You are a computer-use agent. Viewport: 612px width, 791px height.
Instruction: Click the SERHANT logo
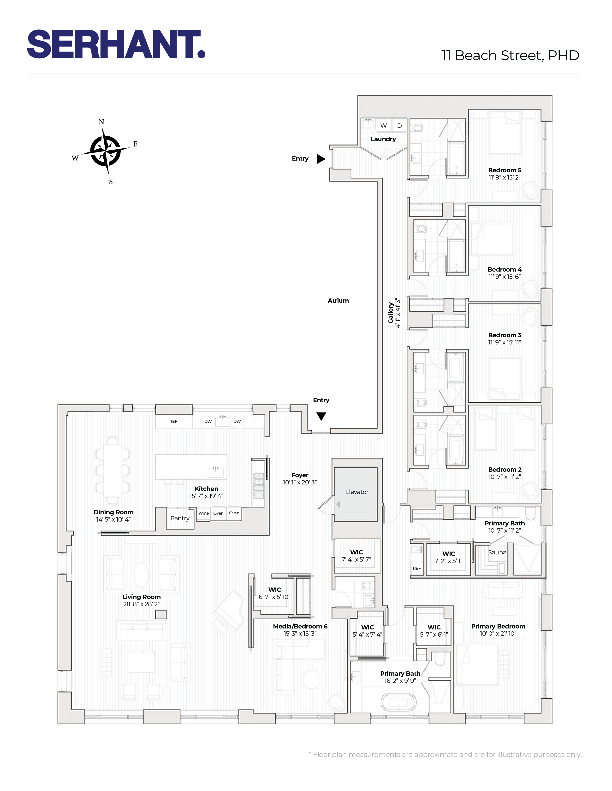116,44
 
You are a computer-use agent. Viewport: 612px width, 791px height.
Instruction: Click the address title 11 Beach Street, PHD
510,55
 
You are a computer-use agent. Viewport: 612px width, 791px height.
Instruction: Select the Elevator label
357,492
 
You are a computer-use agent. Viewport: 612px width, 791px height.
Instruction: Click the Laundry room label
383,139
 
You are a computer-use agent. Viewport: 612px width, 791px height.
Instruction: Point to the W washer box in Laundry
383,126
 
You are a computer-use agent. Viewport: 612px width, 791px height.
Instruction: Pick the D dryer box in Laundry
399,126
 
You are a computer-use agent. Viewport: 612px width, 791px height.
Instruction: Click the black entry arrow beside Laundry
321,159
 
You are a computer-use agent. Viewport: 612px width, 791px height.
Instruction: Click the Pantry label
180,518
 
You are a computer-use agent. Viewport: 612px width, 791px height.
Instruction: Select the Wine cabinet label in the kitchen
203,513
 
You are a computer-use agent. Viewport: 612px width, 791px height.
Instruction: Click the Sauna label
497,552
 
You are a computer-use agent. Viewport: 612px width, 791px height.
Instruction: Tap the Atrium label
338,301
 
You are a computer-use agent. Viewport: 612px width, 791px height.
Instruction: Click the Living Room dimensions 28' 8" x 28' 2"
141,604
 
